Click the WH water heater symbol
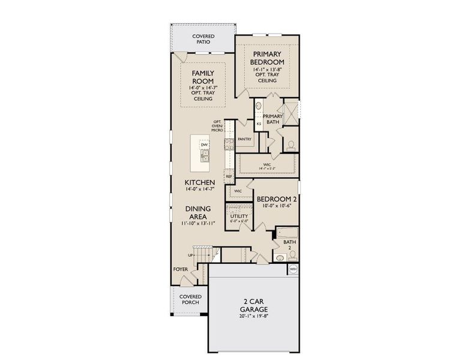(293, 269)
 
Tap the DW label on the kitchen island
(204, 145)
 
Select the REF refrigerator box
(229, 176)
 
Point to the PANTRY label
(244, 139)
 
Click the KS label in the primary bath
(259, 124)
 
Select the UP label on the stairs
(191, 255)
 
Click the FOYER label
(181, 270)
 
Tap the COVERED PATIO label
(203, 40)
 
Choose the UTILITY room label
(238, 215)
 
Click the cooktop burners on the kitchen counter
(228, 144)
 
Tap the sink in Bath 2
(279, 257)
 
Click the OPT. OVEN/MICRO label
(217, 125)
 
